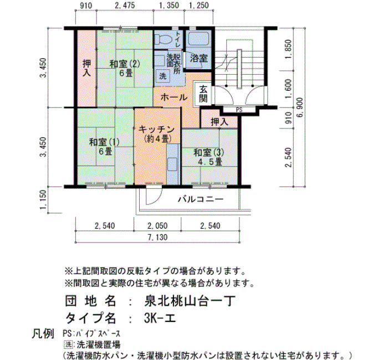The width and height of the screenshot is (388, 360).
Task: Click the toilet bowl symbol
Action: [x=164, y=39]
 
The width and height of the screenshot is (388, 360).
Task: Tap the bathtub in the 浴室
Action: [x=199, y=39]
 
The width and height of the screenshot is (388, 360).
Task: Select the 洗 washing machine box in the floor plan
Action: [x=162, y=76]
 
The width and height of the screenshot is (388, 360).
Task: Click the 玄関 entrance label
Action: [x=203, y=94]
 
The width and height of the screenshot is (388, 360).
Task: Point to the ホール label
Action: [x=174, y=97]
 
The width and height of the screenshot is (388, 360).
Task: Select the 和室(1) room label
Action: [x=104, y=142]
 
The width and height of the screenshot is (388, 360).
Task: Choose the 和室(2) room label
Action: [x=125, y=64]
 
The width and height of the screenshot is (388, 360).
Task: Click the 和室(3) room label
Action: [x=208, y=152]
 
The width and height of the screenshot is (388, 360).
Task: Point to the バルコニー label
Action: [x=201, y=199]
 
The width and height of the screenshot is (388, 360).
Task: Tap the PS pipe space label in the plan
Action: [x=239, y=110]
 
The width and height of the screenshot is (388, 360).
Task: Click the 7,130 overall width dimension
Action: [x=157, y=238]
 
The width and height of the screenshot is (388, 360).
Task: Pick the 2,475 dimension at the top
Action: [x=125, y=5]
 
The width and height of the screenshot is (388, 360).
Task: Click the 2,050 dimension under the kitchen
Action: [x=157, y=226]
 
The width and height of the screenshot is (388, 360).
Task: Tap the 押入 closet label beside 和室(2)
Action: [x=86, y=68]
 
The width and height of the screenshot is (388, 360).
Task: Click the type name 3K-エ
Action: [x=160, y=318]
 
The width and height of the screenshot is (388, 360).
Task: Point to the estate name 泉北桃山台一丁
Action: [x=190, y=301]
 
